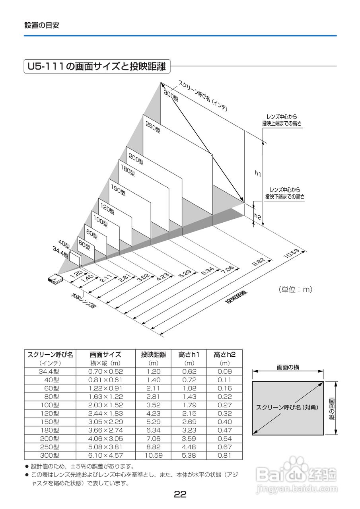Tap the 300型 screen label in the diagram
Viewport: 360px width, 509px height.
171,95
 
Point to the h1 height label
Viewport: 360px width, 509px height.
258,173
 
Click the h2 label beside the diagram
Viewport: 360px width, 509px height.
258,216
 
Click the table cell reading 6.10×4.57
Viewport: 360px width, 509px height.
105,455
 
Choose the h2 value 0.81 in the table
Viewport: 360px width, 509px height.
225,455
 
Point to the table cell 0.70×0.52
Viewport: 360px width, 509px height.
105,371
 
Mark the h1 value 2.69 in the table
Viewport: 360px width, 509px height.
189,422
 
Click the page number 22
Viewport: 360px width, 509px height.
180,494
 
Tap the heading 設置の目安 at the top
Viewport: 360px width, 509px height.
42,25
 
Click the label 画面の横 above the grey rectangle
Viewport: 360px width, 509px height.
288,367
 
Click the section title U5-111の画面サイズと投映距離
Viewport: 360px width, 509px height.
97,66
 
